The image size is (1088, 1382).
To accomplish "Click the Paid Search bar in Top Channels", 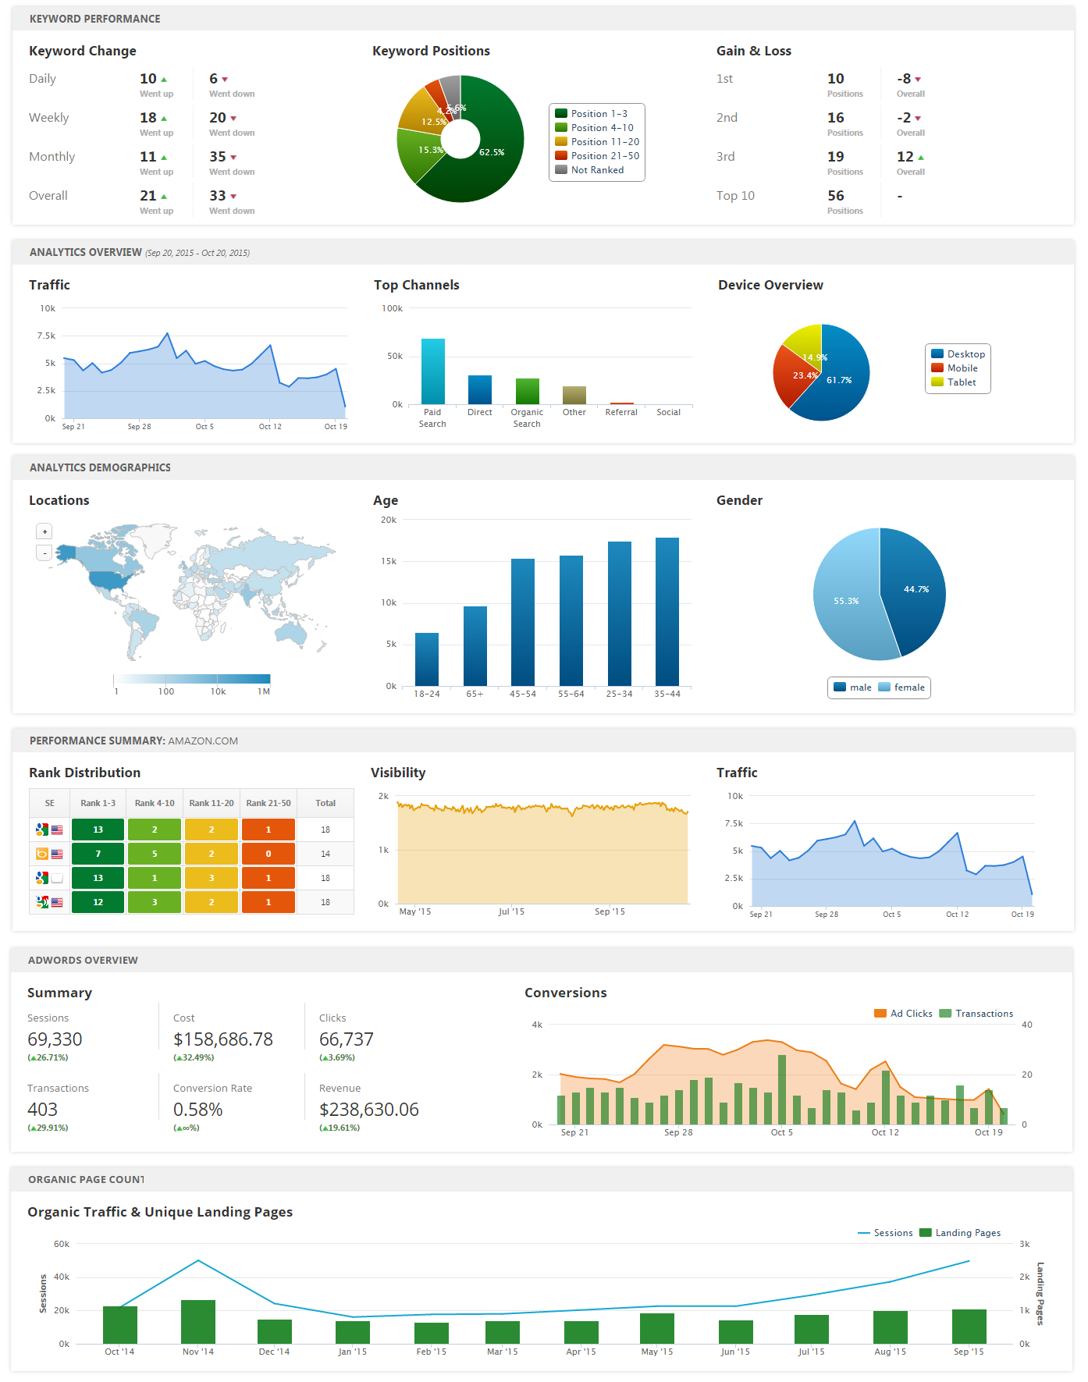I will (432, 371).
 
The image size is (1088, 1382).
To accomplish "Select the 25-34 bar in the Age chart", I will (620, 613).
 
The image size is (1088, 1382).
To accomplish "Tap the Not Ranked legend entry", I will (597, 170).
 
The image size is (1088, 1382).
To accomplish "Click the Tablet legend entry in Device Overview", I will (961, 382).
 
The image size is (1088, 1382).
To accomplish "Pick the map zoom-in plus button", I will (44, 531).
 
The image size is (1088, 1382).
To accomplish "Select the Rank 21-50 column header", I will (268, 803).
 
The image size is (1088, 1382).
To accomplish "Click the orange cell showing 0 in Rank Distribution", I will (268, 854).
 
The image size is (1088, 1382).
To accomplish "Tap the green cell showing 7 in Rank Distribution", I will (98, 854).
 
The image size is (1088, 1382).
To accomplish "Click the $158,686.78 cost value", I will (223, 1039).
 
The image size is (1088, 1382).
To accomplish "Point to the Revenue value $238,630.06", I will (369, 1110).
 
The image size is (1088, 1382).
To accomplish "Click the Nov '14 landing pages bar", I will (198, 1321).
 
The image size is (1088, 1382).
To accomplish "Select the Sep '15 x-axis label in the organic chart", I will (969, 1352).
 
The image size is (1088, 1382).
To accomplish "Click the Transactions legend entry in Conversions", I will (983, 1014).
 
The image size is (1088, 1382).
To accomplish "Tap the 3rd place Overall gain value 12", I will (905, 157).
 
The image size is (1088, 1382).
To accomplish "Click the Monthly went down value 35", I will (218, 157).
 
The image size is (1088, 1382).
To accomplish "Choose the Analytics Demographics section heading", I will (100, 467).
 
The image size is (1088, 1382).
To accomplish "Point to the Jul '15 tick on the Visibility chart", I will (511, 911).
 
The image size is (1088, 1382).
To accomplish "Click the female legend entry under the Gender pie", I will (908, 687).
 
